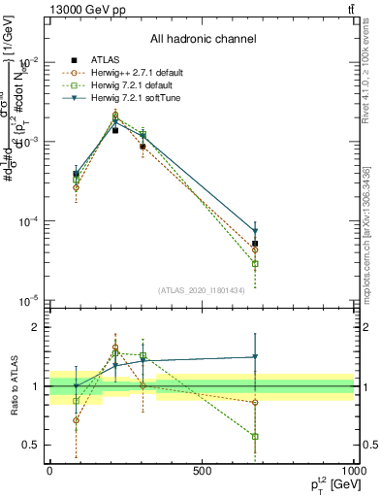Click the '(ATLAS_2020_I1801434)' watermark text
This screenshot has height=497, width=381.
[x=203, y=290]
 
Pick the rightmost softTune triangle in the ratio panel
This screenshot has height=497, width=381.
[x=255, y=357]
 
